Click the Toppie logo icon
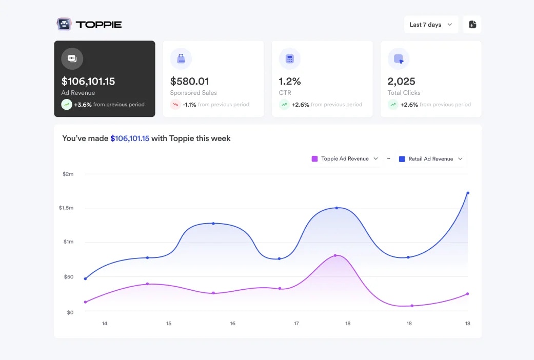click(x=64, y=24)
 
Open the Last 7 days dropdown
click(x=431, y=25)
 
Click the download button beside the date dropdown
click(x=472, y=25)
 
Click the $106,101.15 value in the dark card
click(x=88, y=81)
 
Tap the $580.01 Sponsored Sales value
click(x=189, y=81)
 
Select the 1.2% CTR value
click(x=290, y=81)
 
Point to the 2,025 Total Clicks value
click(x=401, y=81)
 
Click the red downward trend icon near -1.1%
click(x=175, y=105)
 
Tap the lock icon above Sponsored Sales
click(x=181, y=59)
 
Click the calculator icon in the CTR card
click(x=290, y=59)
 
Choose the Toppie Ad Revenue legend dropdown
click(x=345, y=159)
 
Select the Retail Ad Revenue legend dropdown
click(x=431, y=159)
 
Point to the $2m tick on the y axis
click(x=68, y=174)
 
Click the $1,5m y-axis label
click(x=66, y=208)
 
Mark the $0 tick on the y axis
click(x=70, y=312)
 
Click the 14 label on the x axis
click(x=105, y=324)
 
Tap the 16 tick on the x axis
click(x=232, y=324)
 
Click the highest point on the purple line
click(x=335, y=255)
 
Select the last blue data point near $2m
click(x=468, y=193)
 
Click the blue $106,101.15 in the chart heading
click(x=130, y=138)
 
